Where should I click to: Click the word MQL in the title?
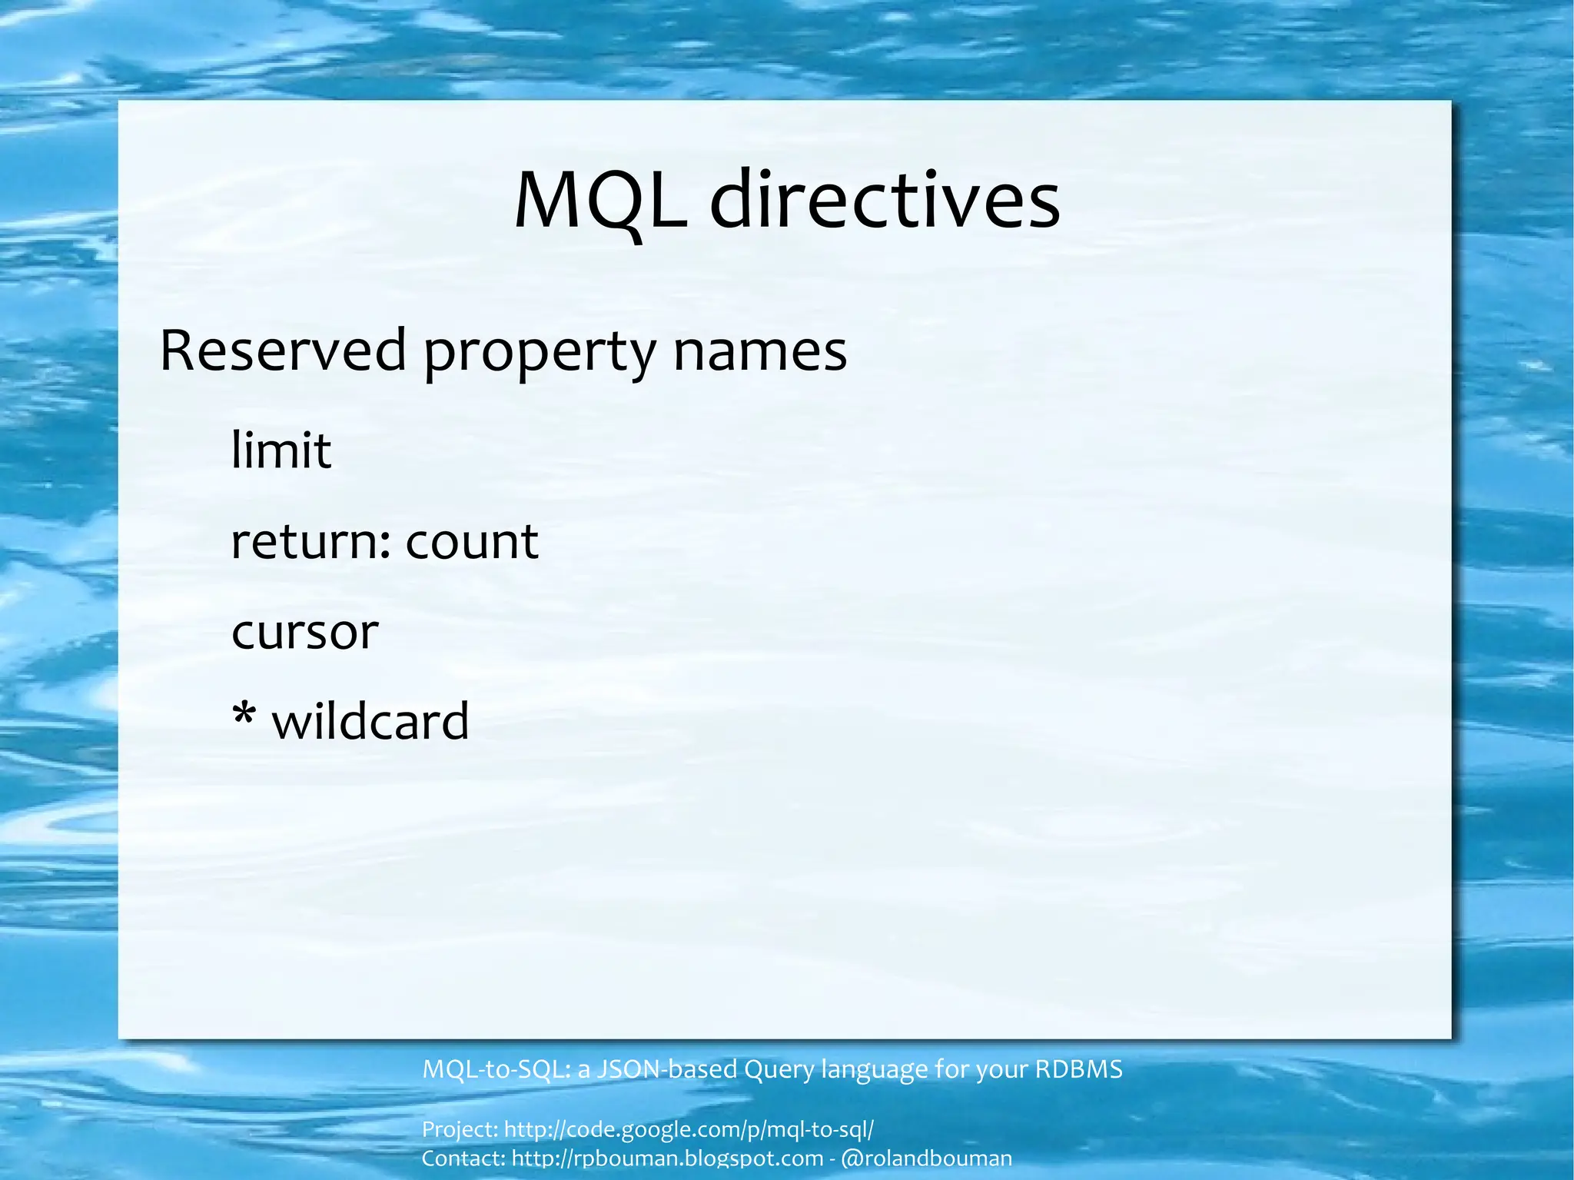pos(600,201)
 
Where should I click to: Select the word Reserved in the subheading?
pos(282,351)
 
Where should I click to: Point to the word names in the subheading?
pos(760,352)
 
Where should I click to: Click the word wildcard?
pos(370,722)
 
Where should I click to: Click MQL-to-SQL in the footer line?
pos(495,1069)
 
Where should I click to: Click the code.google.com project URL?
pos(689,1130)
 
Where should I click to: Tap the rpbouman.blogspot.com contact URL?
pos(667,1158)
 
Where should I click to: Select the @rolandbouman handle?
pos(927,1158)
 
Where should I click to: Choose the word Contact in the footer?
pos(463,1158)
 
